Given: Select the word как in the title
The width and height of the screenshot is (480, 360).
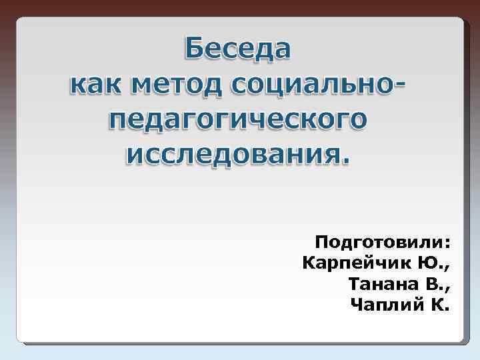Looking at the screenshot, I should coord(97,85).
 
